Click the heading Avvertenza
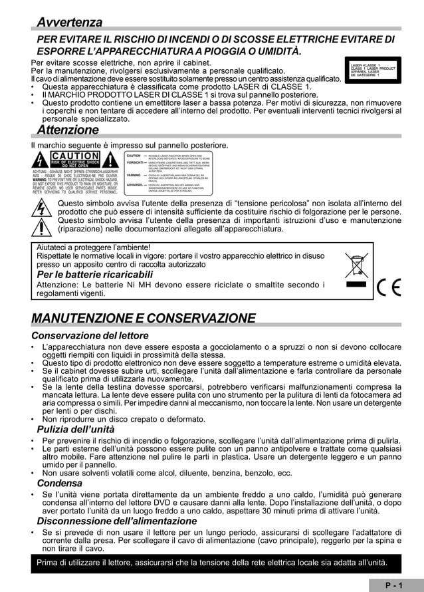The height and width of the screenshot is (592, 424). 69,23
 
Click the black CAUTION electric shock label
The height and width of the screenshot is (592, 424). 74,160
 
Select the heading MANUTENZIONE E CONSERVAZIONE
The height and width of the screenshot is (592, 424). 144,317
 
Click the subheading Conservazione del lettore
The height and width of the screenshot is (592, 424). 90,335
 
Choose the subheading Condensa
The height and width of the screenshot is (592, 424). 59,483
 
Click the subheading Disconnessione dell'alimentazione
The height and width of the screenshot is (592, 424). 116,521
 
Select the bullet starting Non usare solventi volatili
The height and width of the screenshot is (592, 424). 167,473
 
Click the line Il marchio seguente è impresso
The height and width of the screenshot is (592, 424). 130,145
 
